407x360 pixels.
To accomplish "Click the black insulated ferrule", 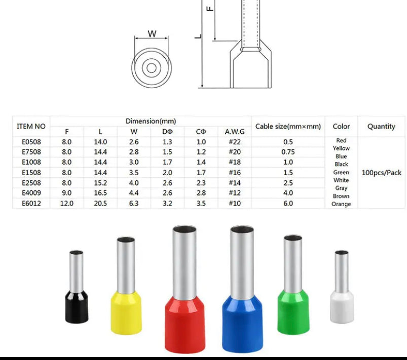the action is click(x=77, y=288).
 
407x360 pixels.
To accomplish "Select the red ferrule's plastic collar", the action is click(x=185, y=324).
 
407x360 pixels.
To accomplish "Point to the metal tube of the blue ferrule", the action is click(x=242, y=262).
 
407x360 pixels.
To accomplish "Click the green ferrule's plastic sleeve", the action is click(x=293, y=311).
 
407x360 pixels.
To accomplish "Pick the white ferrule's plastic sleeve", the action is click(x=342, y=307).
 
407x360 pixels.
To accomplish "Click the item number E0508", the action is click(x=31, y=142).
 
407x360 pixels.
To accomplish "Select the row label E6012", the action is click(x=31, y=204).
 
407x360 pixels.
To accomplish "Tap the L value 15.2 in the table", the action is click(x=100, y=183).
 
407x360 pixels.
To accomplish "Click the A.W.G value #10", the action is click(x=235, y=204).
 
